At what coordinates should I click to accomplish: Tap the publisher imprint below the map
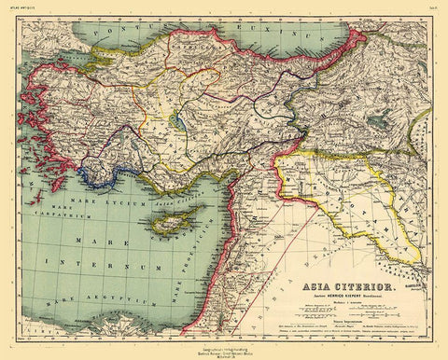[224, 351]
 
